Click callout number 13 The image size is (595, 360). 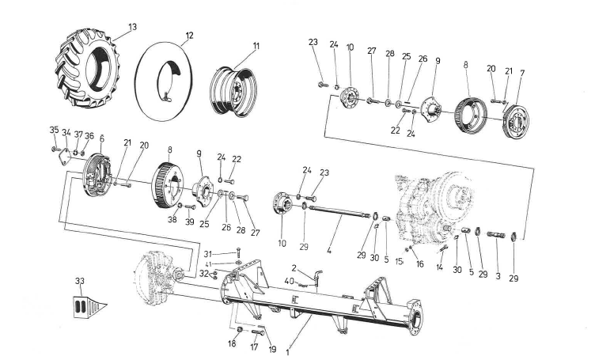click(x=132, y=27)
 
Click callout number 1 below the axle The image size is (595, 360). click(x=287, y=347)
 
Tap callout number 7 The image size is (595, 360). click(x=521, y=73)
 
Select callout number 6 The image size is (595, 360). click(x=101, y=138)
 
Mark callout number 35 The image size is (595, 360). click(x=54, y=130)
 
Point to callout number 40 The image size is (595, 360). click(x=290, y=280)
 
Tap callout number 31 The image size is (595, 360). click(x=207, y=253)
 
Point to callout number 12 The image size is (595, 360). click(x=189, y=35)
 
